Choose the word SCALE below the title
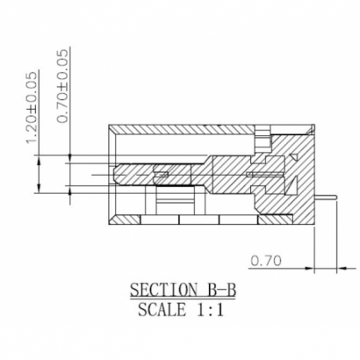(162, 309)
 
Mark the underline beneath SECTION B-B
(181, 299)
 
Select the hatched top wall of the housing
(184, 129)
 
